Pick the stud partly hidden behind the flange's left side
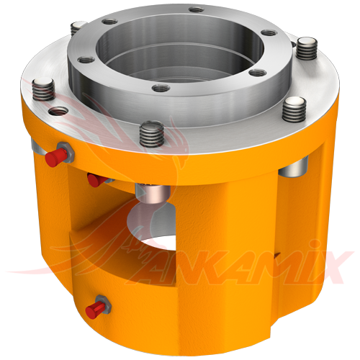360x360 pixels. pyautogui.click(x=78, y=28)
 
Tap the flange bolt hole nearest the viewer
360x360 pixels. pyautogui.click(x=161, y=88)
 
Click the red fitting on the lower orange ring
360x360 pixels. pyautogui.click(x=94, y=309)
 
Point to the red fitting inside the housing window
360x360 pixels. pyautogui.click(x=93, y=179)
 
